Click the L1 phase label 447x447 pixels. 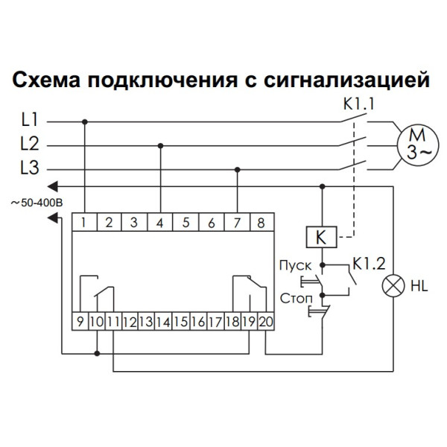pos(29,120)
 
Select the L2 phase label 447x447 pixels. pos(29,144)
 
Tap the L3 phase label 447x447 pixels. pos(29,168)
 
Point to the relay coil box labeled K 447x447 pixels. pos(321,238)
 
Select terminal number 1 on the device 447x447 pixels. pos(86,222)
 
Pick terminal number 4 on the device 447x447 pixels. pos(161,222)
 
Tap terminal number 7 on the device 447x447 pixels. pos(236,222)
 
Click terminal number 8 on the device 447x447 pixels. pos(261,222)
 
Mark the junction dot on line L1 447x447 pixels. pos(86,121)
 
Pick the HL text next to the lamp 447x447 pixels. pos(418,285)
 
